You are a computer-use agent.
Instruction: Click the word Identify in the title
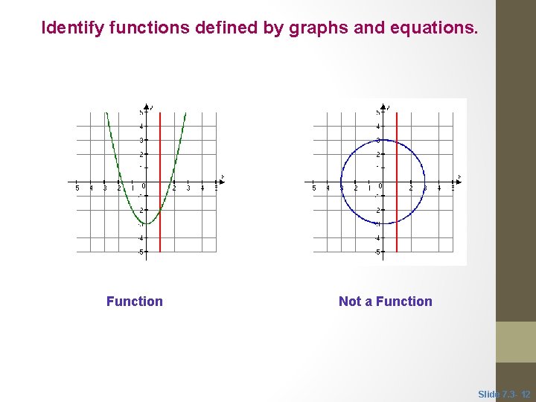(x=72, y=28)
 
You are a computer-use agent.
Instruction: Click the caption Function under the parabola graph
(x=135, y=301)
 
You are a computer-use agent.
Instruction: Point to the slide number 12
(x=526, y=394)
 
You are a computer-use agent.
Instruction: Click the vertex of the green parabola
(x=147, y=224)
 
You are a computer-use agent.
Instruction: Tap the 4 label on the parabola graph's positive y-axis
(x=141, y=127)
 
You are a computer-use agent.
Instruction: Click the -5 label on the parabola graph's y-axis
(x=140, y=252)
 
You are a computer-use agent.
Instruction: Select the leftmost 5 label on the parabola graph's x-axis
(x=78, y=188)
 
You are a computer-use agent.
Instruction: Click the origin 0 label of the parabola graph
(x=143, y=186)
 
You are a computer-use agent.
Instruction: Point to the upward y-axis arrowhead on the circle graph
(x=383, y=107)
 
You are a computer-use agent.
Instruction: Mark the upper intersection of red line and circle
(x=397, y=145)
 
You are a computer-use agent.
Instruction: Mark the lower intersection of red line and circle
(x=397, y=218)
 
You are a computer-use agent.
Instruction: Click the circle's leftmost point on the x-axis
(x=341, y=182)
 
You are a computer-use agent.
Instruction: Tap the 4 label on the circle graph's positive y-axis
(x=378, y=127)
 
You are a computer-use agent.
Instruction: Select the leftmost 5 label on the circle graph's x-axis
(x=314, y=188)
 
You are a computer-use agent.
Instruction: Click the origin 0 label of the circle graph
(x=380, y=186)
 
